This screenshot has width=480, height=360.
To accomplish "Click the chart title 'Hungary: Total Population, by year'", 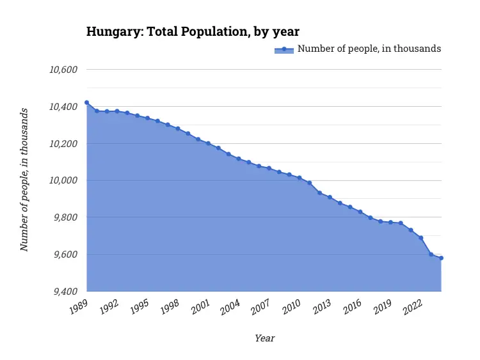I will point(193,31).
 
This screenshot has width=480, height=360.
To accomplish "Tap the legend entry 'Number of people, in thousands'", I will point(369,49).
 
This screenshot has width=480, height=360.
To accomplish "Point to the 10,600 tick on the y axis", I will point(63,70).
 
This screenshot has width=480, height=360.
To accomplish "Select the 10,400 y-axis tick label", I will point(63,107).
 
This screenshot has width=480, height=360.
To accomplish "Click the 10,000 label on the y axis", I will point(63,181).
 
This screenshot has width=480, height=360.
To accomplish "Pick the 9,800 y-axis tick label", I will point(65,218).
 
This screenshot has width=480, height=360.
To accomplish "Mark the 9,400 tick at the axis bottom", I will point(65,292).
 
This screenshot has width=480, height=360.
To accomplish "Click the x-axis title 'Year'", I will point(264,338).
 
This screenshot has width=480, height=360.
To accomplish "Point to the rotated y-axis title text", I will point(24,180).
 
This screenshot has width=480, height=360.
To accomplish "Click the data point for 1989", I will point(86,102).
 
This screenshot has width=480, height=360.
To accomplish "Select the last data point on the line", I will point(441,258).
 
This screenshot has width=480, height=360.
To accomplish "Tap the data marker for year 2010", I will point(299,178).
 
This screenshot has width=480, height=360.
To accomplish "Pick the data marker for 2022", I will point(420,238).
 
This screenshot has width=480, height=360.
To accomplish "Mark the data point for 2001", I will point(208,143).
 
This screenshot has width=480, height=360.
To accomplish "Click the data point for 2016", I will point(360,212).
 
